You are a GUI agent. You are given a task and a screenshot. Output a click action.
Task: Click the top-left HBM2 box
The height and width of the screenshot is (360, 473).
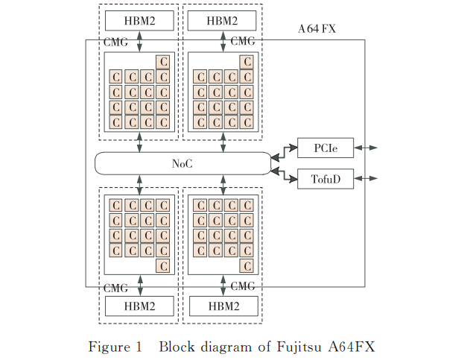coord(139,20)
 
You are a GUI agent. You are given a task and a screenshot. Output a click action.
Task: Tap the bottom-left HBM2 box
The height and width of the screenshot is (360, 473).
coord(139,306)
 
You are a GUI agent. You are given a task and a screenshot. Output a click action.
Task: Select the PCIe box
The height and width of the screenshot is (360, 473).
coord(325,148)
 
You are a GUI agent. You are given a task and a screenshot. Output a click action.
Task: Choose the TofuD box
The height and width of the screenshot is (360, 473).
coord(325,179)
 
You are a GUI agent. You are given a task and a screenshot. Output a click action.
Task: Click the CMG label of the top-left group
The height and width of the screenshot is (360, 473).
coord(115,43)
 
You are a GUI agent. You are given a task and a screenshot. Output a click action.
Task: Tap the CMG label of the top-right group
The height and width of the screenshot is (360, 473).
coord(244,42)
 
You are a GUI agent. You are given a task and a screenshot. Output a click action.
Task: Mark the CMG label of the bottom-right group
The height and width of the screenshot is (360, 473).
coord(244,286)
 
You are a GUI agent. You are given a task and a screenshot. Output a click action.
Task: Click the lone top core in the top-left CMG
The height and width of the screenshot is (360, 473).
coord(162,61)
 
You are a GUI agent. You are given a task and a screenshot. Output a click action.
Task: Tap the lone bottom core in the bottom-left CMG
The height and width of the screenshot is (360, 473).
coord(162,265)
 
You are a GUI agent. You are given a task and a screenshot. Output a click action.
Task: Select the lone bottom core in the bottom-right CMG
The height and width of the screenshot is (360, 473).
coord(247,265)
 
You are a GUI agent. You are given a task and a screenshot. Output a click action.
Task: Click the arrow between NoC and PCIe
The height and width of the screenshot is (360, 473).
coord(285,153)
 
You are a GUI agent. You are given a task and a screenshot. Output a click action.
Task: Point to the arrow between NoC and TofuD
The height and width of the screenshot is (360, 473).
coord(285,174)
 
